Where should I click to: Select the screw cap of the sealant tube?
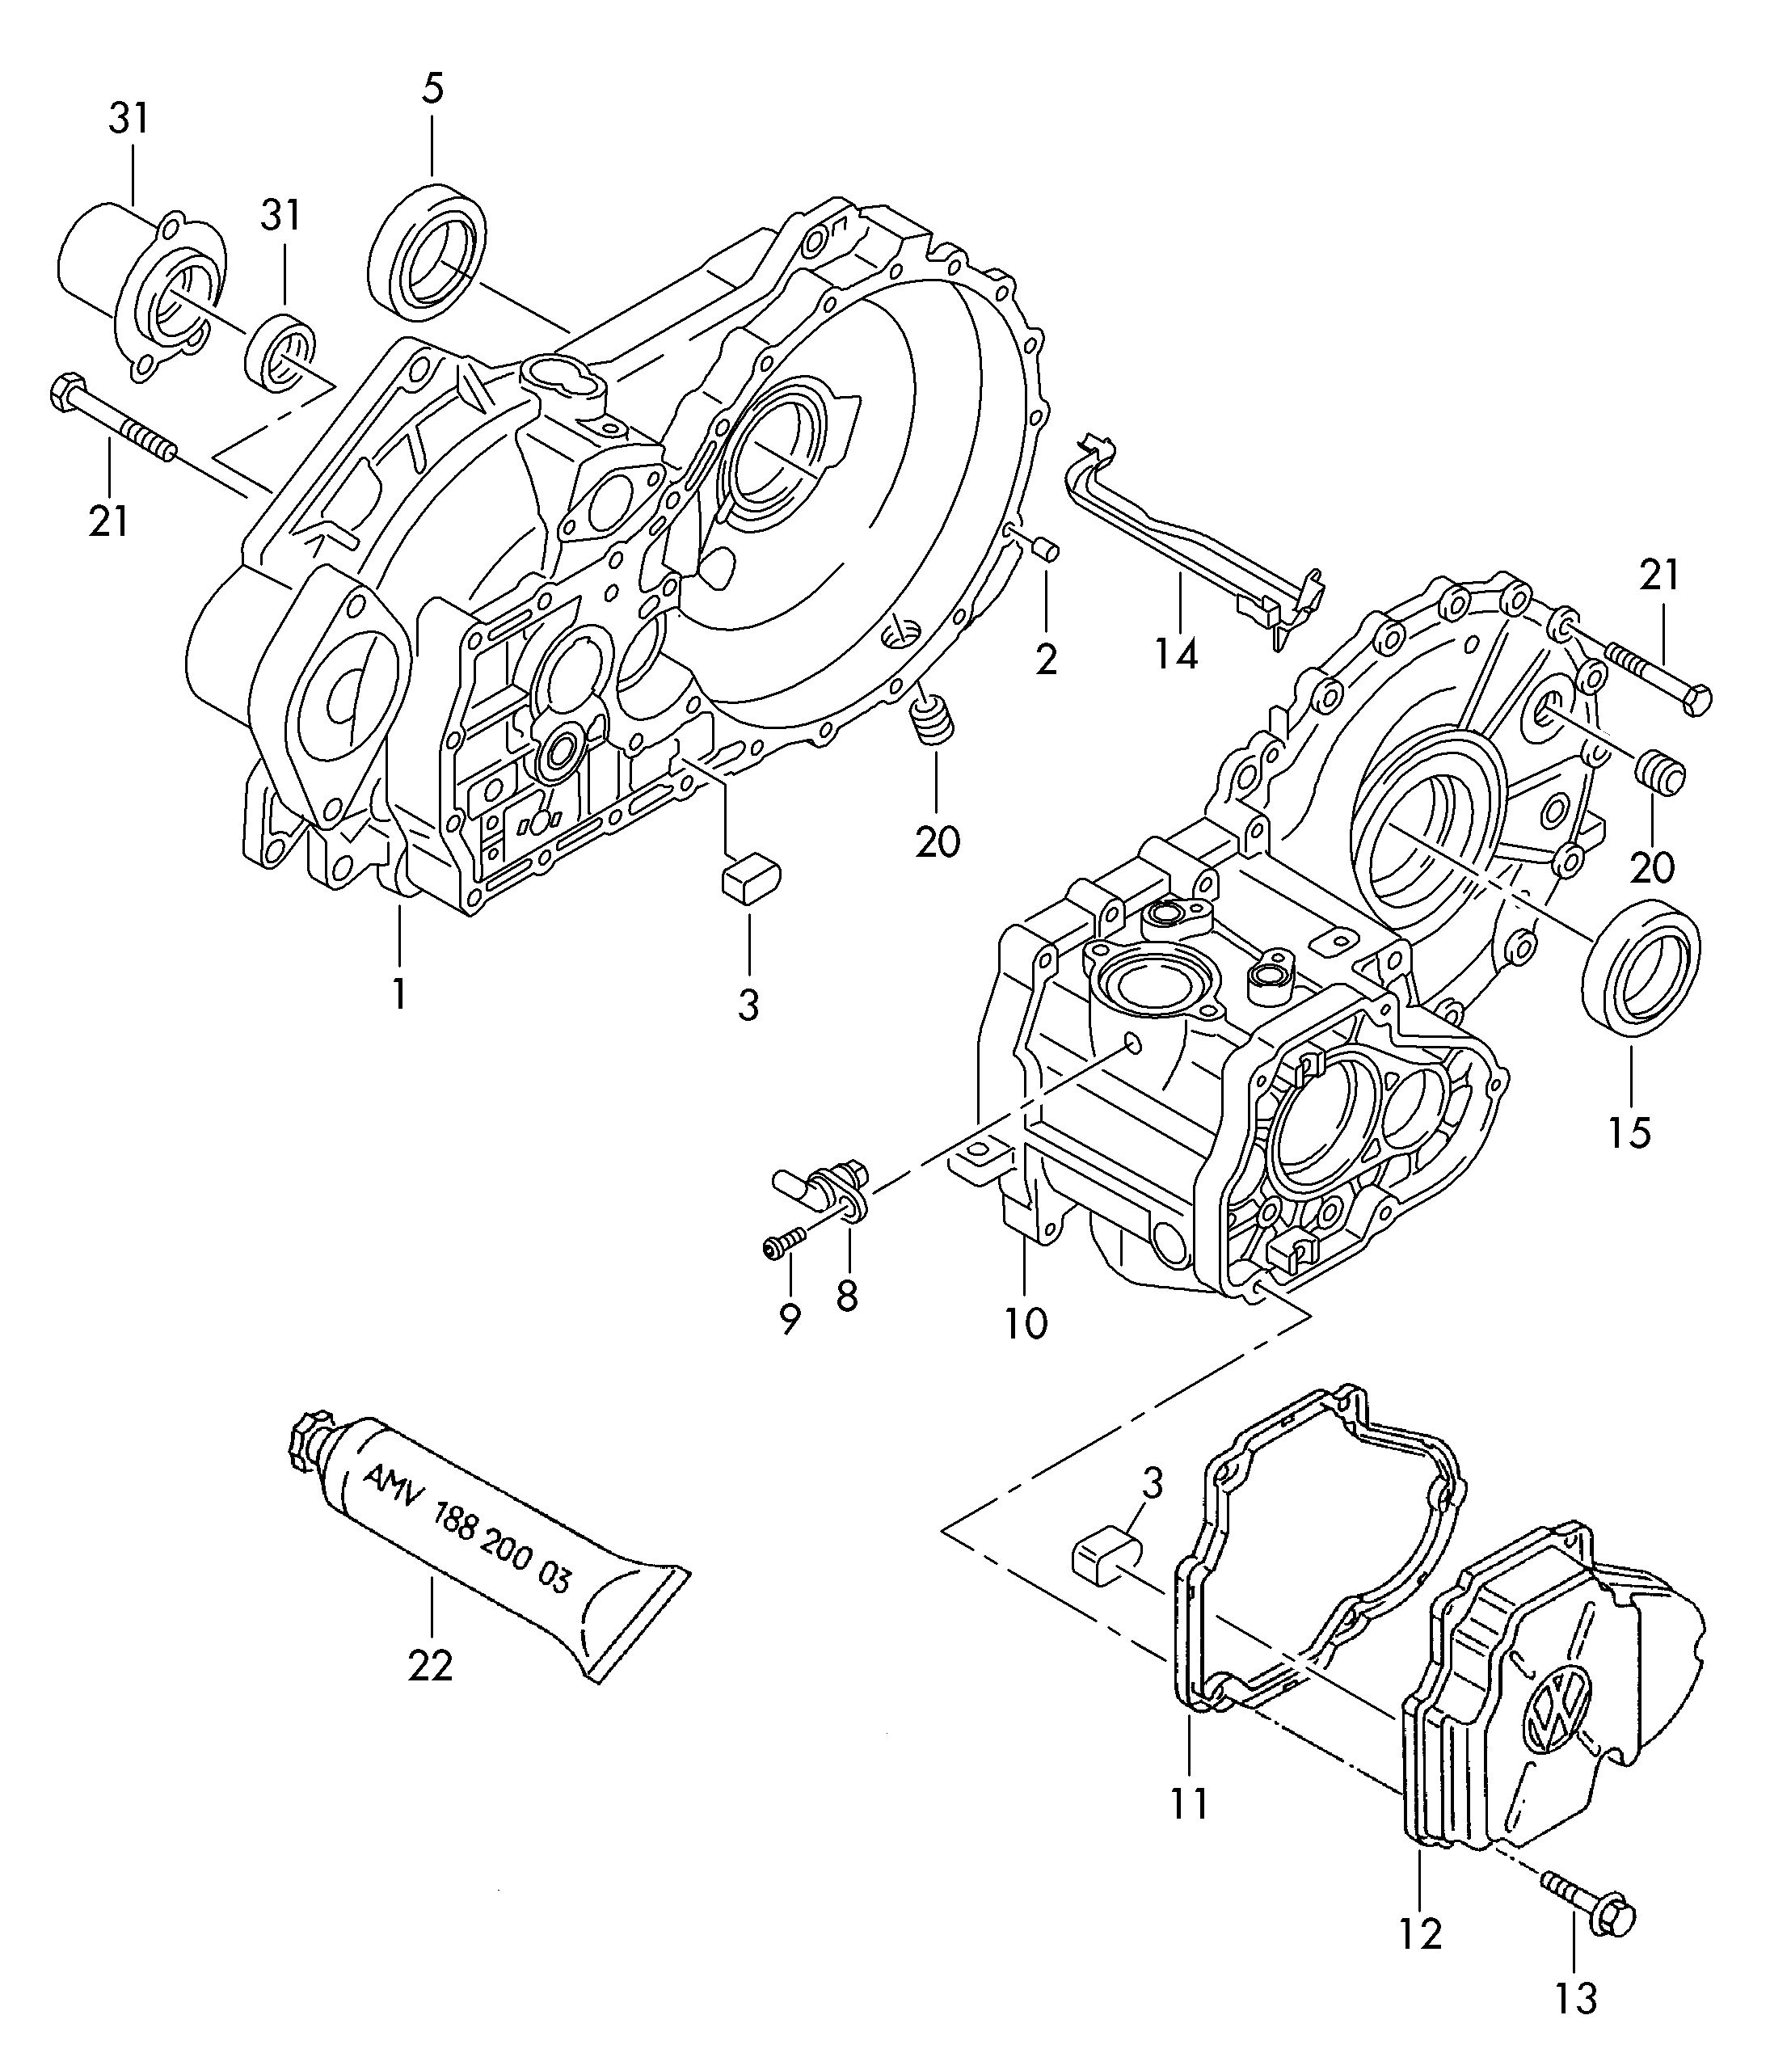(x=302, y=1450)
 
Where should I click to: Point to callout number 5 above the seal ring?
(x=432, y=88)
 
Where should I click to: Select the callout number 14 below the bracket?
(x=1177, y=654)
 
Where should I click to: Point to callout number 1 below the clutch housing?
(x=398, y=992)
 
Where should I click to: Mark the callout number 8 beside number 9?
(x=846, y=1295)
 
